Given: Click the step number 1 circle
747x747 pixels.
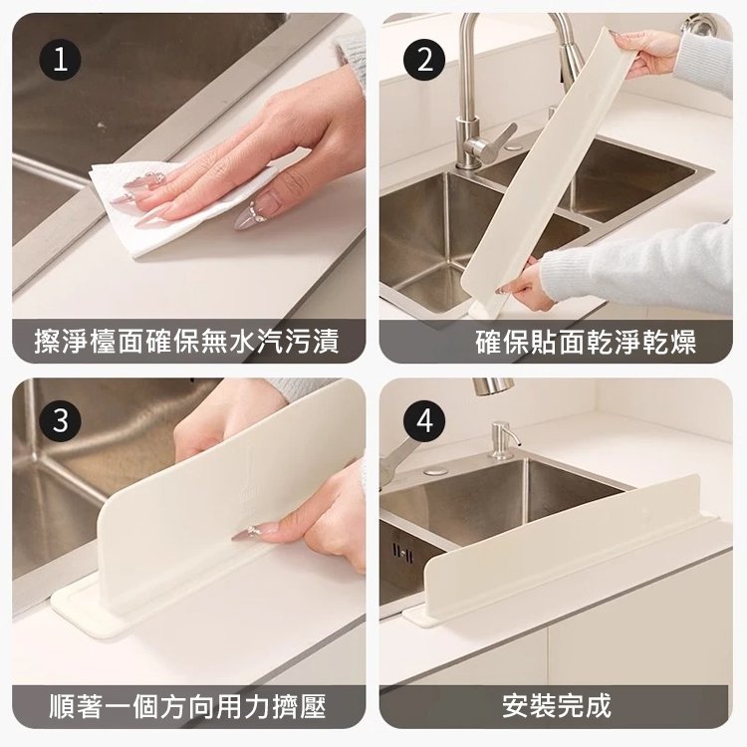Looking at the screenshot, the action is point(60,60).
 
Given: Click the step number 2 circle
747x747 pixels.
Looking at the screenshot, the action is point(424,60).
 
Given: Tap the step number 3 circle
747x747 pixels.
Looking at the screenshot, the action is point(60,421).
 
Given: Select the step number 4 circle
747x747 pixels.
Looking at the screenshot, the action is point(424,421).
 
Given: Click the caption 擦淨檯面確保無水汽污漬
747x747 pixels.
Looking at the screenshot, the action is point(187,341).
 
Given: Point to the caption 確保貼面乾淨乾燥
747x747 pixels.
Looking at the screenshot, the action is point(586,341).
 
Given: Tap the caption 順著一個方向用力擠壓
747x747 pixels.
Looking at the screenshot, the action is point(187,706).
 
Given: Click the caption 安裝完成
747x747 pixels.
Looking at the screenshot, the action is point(557,706).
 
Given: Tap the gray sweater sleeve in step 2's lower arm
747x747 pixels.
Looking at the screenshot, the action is point(638,268).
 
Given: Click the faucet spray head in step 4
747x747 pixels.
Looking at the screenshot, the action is point(493,385).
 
